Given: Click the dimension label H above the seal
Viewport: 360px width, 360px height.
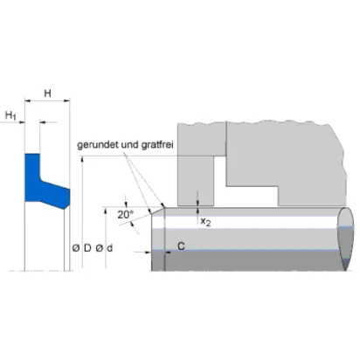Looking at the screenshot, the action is pyautogui.click(x=47, y=93).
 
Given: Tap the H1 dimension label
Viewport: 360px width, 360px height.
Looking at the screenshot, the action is pyautogui.click(x=10, y=115).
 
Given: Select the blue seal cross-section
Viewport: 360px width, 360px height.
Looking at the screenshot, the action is pyautogui.click(x=46, y=181).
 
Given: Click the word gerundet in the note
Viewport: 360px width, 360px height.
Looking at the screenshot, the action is pyautogui.click(x=98, y=145).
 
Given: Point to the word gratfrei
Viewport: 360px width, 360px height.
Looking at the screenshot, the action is pyautogui.click(x=157, y=145).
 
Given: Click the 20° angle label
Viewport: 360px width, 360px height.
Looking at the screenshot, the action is pyautogui.click(x=125, y=215).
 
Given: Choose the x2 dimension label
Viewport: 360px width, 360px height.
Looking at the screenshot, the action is pyautogui.click(x=205, y=222).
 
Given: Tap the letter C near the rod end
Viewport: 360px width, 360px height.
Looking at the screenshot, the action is pyautogui.click(x=181, y=246).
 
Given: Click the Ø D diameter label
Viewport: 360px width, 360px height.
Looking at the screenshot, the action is pyautogui.click(x=82, y=248).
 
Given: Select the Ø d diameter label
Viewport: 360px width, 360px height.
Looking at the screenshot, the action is pyautogui.click(x=104, y=248).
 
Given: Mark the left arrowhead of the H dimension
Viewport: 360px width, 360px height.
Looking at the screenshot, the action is pyautogui.click(x=27, y=100).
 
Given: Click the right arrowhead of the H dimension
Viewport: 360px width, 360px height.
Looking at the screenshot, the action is pyautogui.click(x=67, y=100).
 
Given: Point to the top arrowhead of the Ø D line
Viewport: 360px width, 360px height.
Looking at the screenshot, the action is pyautogui.click(x=83, y=159).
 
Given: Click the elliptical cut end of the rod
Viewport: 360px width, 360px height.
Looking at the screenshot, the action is pyautogui.click(x=346, y=239).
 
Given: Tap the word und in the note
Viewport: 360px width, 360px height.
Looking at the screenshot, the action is pyautogui.click(x=130, y=145).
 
